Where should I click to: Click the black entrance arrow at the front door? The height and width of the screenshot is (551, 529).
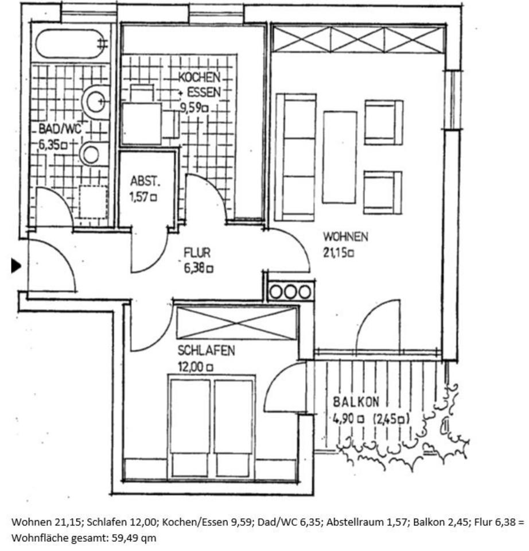pos(16,265)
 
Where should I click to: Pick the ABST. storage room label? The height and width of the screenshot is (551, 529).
pos(146,183)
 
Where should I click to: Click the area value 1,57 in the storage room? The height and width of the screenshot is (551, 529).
pos(143,197)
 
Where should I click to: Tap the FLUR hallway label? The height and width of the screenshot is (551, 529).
pos(197,253)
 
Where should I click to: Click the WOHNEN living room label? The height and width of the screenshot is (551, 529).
pos(345,236)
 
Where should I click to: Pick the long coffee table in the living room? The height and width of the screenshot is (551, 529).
pos(340,157)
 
